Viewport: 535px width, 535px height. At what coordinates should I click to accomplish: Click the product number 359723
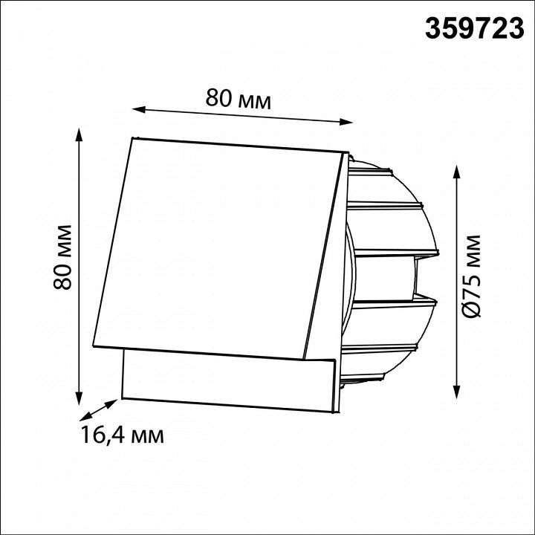coord(474,28)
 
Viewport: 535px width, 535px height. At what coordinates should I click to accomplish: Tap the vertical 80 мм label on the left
coord(62,257)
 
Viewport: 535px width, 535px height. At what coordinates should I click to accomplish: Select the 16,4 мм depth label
coord(123,435)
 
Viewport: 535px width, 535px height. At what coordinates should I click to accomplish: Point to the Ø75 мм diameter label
coord(473,276)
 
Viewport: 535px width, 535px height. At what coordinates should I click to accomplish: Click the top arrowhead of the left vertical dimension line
coord(80,134)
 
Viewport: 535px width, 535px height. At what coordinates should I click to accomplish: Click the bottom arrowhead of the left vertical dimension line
coord(80,398)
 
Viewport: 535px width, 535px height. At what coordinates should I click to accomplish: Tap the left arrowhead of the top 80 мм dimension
coord(139,109)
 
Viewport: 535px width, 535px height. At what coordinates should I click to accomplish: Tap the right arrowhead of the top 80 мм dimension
coord(346,122)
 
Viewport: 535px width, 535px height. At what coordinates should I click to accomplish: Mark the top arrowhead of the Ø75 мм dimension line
coord(457,172)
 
